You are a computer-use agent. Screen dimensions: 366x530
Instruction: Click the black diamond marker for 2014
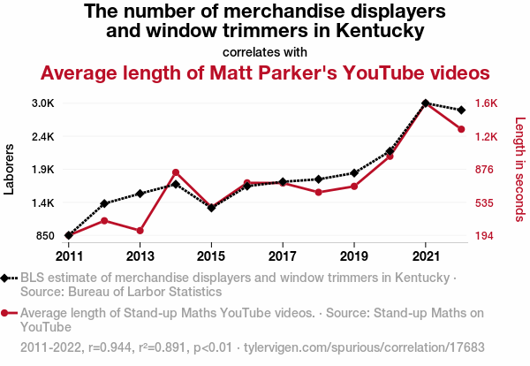(176, 184)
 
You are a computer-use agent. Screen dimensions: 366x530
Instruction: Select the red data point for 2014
(176, 172)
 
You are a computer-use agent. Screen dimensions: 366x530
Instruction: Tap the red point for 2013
(140, 231)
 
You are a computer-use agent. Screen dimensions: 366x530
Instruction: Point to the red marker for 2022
(461, 129)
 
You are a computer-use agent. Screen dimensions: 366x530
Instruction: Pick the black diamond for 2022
(461, 110)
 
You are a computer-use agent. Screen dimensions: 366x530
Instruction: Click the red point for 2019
(354, 186)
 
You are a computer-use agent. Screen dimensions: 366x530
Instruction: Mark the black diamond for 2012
(104, 204)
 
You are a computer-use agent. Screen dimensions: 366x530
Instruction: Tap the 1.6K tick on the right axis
(488, 103)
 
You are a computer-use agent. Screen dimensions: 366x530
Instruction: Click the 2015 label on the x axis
(211, 256)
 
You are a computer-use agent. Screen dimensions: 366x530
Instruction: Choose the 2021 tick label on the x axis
(426, 256)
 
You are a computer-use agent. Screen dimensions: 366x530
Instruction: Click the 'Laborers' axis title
(10, 170)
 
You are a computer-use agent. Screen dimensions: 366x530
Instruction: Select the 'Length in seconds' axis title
(519, 170)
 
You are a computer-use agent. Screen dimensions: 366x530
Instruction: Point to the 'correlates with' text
(265, 50)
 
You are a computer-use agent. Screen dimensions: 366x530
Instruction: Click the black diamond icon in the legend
(7, 278)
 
